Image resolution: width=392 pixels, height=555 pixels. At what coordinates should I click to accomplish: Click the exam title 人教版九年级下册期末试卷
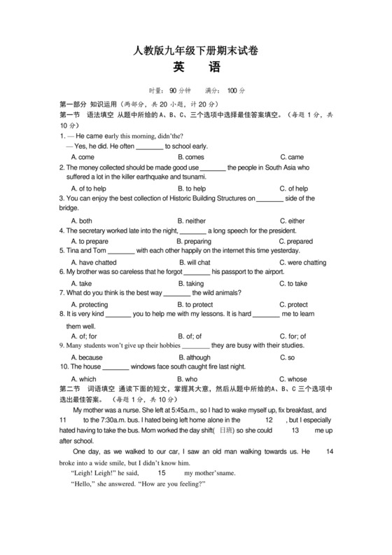(x=195, y=50)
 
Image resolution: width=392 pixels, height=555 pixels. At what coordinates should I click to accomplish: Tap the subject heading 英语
(x=195, y=69)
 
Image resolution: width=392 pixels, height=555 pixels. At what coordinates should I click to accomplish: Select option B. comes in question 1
(x=190, y=157)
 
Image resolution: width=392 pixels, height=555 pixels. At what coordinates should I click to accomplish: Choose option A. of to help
(x=88, y=189)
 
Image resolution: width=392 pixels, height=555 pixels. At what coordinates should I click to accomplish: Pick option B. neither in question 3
(x=191, y=221)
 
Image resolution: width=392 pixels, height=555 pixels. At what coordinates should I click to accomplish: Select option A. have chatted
(x=93, y=263)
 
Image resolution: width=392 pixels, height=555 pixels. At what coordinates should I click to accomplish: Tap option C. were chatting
(x=302, y=263)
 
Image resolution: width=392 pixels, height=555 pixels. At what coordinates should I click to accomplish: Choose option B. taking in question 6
(x=190, y=284)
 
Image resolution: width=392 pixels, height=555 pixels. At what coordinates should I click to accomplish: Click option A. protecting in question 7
(x=90, y=305)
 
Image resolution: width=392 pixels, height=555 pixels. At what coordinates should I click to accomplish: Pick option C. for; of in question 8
(x=293, y=336)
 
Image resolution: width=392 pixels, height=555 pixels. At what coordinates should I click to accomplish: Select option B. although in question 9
(x=194, y=357)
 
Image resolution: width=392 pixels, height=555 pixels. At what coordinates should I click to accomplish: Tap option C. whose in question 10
(x=293, y=379)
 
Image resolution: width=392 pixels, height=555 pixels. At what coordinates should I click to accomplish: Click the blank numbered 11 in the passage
(x=63, y=420)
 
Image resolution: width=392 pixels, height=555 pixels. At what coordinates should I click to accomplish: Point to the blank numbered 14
(x=330, y=452)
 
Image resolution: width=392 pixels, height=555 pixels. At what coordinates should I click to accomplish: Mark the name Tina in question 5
(x=73, y=251)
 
